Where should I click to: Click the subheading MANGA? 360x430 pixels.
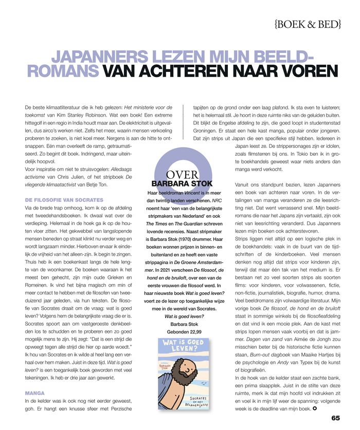pyautogui.click(x=34, y=393)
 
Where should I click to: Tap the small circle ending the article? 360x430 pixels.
pyautogui.click(x=315, y=408)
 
